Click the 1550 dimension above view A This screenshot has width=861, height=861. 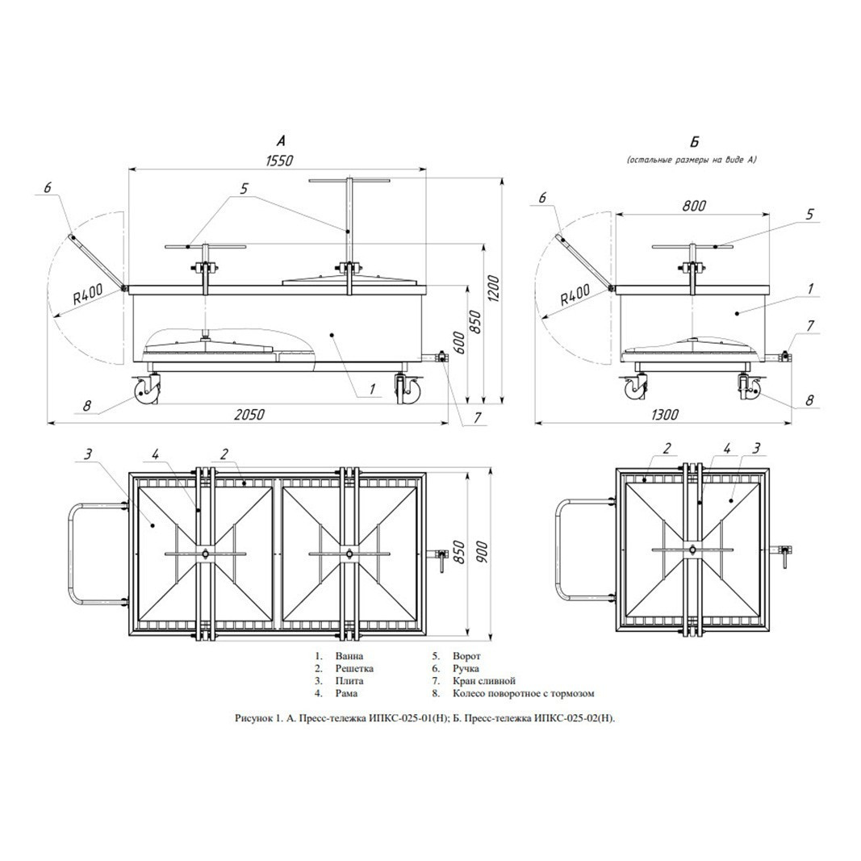click(280, 161)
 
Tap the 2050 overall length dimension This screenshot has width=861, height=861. click(249, 414)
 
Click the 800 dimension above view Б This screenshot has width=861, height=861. click(693, 206)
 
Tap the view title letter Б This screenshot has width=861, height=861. click(694, 142)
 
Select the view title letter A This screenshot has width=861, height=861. click(281, 141)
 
